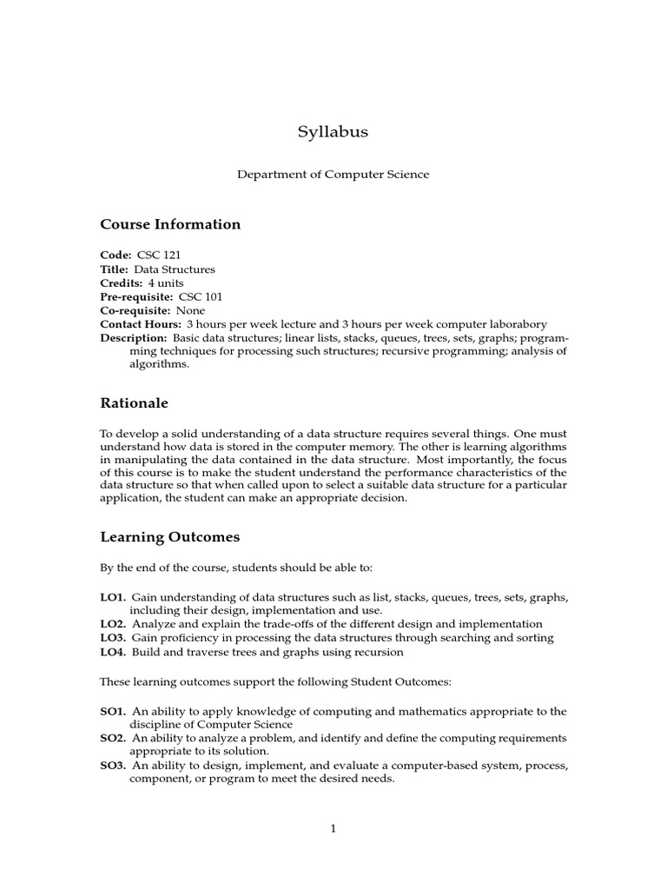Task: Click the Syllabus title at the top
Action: pyautogui.click(x=333, y=132)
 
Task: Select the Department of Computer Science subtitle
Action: pyautogui.click(x=333, y=175)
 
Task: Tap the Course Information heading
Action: pyautogui.click(x=170, y=224)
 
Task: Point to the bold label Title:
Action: pyautogui.click(x=116, y=269)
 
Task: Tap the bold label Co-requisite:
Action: pyautogui.click(x=135, y=310)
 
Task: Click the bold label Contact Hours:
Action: pyautogui.click(x=141, y=323)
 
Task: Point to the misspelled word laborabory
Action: pyautogui.click(x=518, y=323)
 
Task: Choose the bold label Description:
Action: pyautogui.click(x=134, y=337)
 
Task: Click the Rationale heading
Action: pyautogui.click(x=134, y=403)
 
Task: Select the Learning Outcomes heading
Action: pyautogui.click(x=169, y=537)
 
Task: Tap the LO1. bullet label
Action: pyautogui.click(x=113, y=597)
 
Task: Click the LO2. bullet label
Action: pyautogui.click(x=113, y=624)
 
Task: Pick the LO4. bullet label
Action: pyautogui.click(x=113, y=651)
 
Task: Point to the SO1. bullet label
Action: pyautogui.click(x=113, y=711)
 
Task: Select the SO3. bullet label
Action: pyautogui.click(x=113, y=765)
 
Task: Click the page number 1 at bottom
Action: pyautogui.click(x=333, y=828)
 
